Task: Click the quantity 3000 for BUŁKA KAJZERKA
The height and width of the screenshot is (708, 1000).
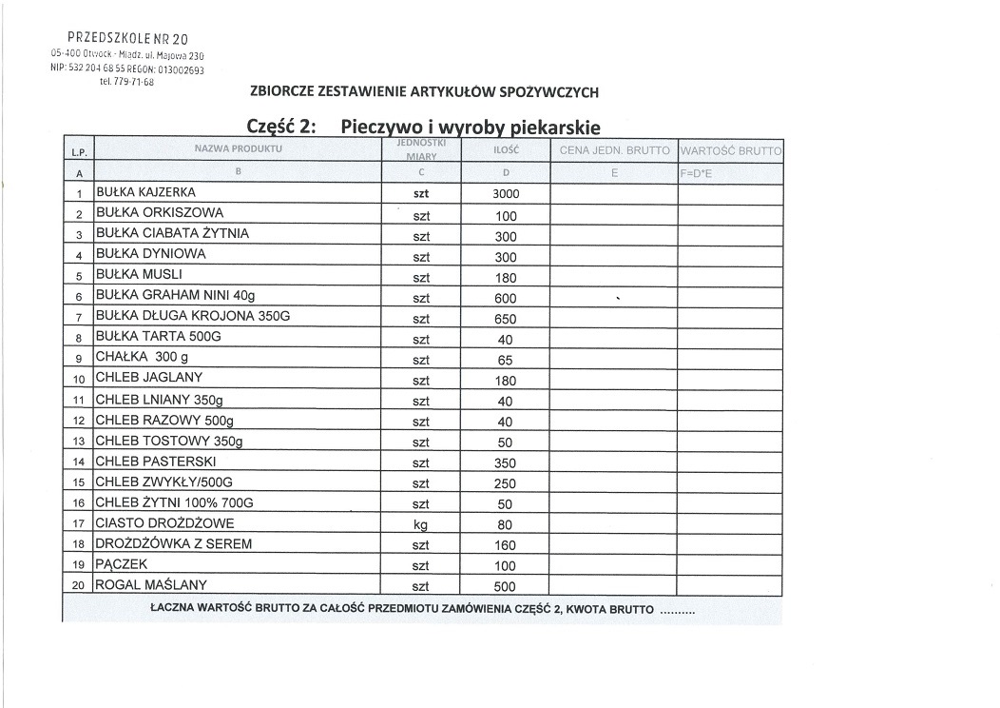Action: click(506, 194)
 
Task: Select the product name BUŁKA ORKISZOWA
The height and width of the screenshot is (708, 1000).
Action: click(160, 213)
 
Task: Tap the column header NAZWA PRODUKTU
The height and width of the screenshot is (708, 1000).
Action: click(239, 150)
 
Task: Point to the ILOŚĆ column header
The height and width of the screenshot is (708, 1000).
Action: click(506, 150)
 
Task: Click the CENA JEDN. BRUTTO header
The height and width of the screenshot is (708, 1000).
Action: click(614, 151)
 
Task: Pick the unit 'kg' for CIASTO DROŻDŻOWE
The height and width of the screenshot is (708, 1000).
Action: click(422, 525)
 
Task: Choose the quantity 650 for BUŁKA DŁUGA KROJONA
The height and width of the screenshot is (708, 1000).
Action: click(506, 320)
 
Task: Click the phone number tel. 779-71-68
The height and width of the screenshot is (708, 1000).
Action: click(125, 82)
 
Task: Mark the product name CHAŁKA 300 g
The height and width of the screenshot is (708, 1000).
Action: click(142, 358)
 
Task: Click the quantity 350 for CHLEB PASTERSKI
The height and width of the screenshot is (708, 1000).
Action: click(506, 463)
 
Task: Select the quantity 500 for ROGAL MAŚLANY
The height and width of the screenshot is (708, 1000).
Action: click(506, 587)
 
